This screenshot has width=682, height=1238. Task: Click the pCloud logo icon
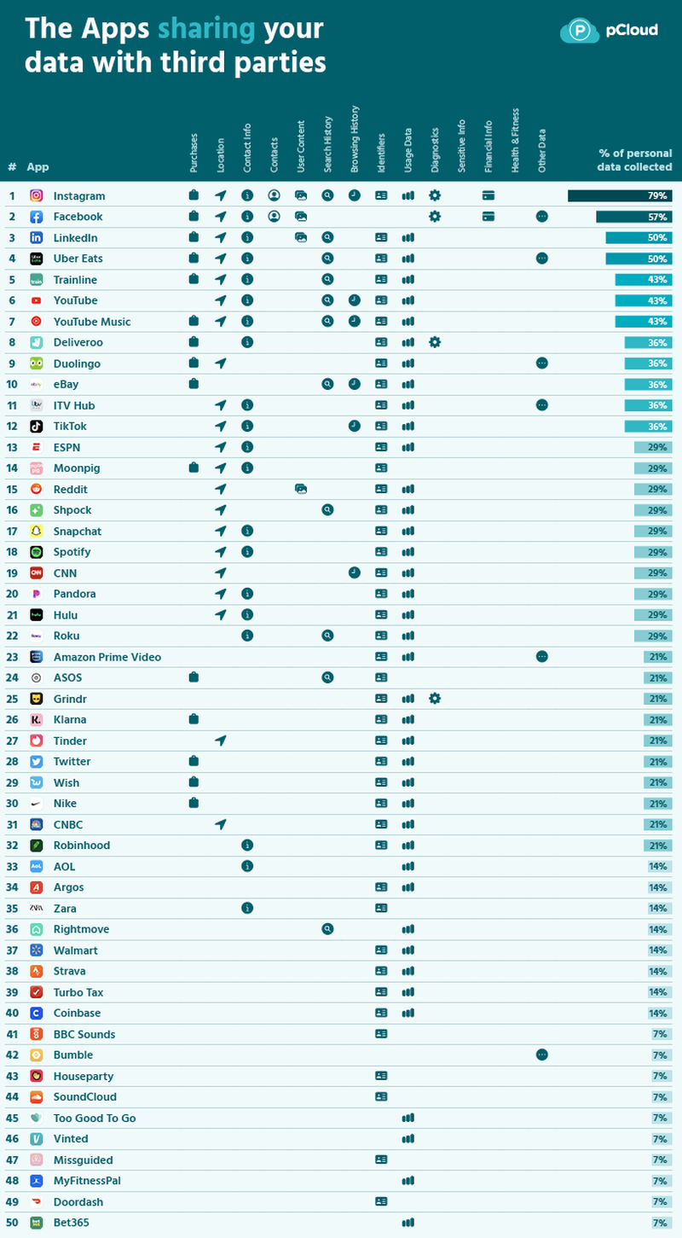coord(580,31)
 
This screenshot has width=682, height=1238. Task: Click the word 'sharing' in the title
coord(206,28)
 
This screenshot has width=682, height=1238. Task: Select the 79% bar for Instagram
coord(620,195)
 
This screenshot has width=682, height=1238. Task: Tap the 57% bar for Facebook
coord(634,217)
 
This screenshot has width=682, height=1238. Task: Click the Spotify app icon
coord(37,552)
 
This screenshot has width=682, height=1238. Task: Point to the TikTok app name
coord(70,426)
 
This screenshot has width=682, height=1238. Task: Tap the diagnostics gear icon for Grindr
coord(435,699)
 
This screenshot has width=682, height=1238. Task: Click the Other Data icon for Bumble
coord(541,1055)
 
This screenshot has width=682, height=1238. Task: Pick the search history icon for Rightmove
coord(327,929)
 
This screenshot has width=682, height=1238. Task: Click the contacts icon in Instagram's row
coord(274,195)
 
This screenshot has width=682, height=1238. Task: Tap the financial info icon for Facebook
coord(488,217)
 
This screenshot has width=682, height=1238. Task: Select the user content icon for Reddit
coord(301,489)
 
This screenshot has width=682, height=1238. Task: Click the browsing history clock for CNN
coord(354,573)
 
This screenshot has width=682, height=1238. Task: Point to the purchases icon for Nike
coord(194,803)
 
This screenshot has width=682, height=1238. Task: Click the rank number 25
coord(12,699)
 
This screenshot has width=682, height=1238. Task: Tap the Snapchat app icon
coord(37,531)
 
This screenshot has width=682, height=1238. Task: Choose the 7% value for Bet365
coord(659,1223)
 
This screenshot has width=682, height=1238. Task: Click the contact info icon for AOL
coord(247,866)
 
